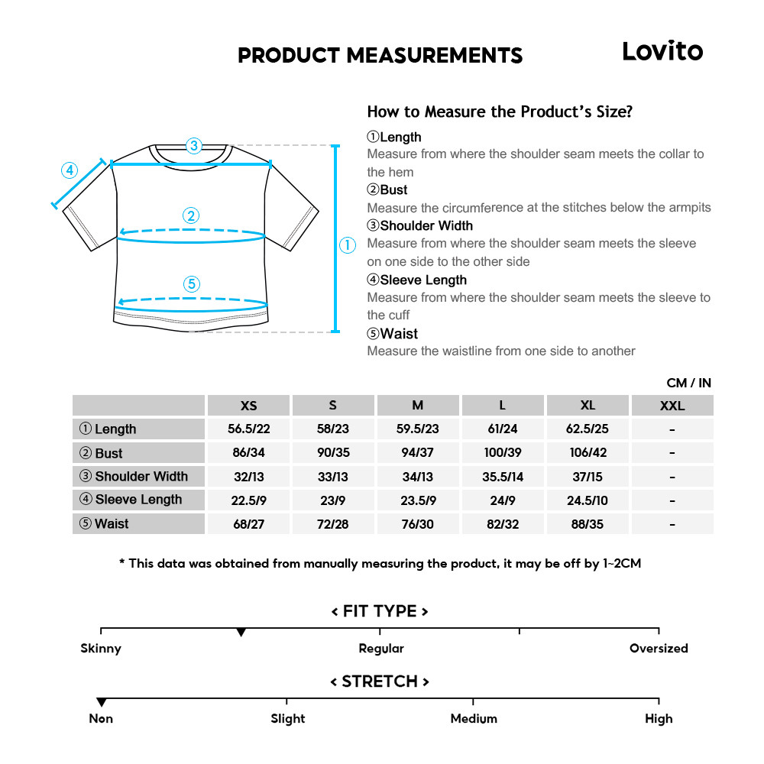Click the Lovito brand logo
point(662,51)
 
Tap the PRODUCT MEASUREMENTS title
point(380,56)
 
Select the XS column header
point(248,406)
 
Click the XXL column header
point(672,406)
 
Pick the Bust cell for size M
point(417,453)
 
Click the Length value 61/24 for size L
point(502,429)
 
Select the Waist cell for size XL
point(588,524)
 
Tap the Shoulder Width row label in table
point(139,477)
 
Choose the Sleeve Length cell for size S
point(332,500)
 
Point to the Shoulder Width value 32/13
point(248,477)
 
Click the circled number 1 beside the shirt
point(348,245)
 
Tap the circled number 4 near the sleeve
point(70,170)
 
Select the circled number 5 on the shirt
point(192,284)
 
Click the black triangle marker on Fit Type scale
point(241,633)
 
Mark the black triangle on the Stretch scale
point(101,702)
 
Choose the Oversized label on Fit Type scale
point(659,649)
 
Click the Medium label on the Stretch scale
point(474,719)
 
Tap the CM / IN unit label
point(688,383)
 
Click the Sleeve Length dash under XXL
point(672,500)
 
